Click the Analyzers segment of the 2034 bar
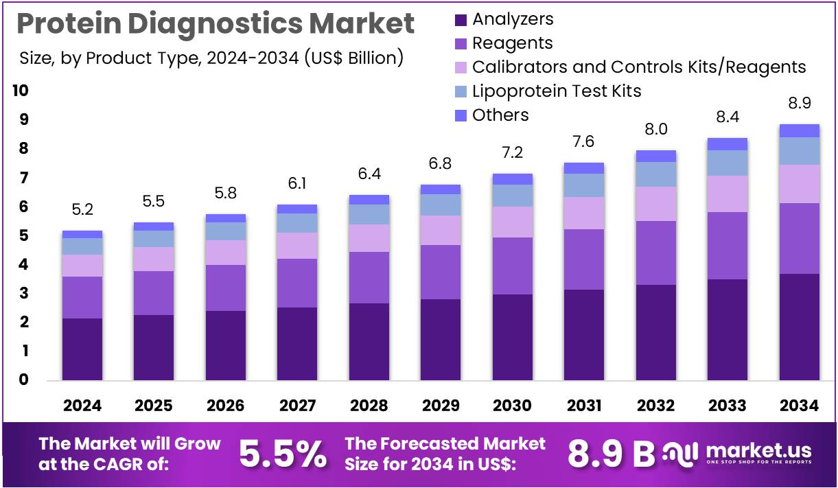coord(799,327)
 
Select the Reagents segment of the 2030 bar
coord(512,266)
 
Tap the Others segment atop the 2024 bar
coord(82,234)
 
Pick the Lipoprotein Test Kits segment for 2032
coord(655,174)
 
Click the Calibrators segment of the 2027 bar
coord(297,245)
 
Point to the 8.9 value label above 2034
coord(799,103)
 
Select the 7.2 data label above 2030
coord(512,152)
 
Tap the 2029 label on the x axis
coord(441,406)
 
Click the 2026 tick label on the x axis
coord(225,406)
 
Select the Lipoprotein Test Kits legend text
coord(557,91)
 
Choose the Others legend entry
coord(500,115)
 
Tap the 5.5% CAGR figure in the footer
coord(282,454)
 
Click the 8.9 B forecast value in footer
coord(611,454)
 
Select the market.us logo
coord(738,453)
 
